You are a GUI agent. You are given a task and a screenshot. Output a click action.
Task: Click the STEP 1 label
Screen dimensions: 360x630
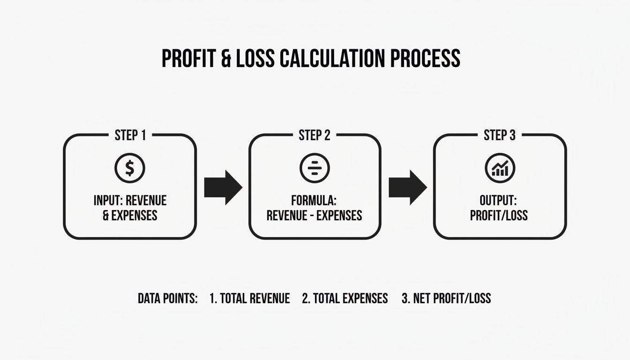point(130,135)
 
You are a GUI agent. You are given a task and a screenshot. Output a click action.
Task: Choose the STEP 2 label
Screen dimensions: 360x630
point(315,135)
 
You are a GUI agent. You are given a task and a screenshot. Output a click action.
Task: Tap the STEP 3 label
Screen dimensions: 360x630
point(500,135)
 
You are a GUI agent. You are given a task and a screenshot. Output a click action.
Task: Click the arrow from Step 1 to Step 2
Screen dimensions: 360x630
point(223,187)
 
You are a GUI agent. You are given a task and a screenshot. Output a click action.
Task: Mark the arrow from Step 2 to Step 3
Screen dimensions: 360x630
point(408,187)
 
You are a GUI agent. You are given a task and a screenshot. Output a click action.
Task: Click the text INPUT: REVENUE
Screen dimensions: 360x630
point(130,201)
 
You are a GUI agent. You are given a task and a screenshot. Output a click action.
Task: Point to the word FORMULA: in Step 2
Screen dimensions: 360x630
point(314,201)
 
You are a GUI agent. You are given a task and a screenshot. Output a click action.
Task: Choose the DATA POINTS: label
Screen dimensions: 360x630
point(168,298)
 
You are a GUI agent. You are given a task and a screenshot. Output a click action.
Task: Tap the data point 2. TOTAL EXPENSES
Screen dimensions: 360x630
point(345,298)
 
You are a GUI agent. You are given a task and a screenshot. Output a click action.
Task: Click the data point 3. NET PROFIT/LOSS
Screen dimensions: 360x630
point(446,298)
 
